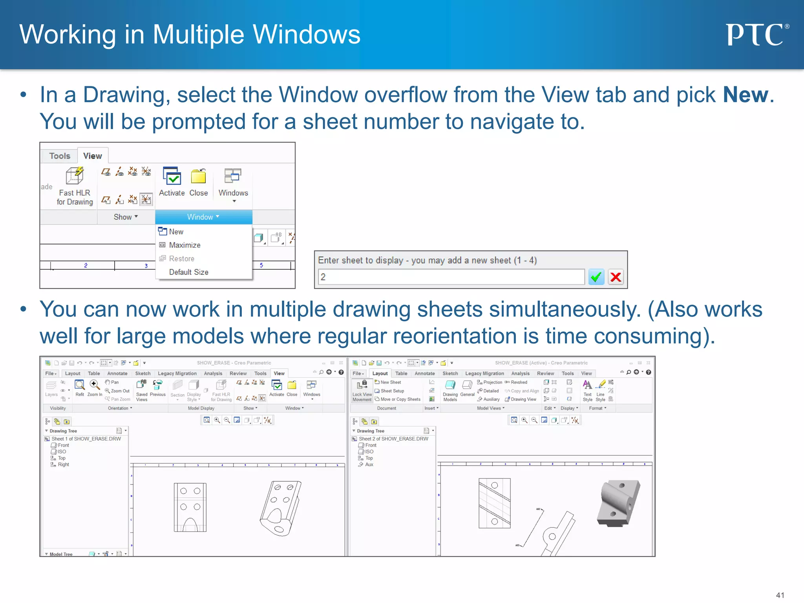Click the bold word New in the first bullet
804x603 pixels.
[x=746, y=95]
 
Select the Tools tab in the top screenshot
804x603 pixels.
[x=60, y=156]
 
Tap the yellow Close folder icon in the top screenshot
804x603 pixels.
[x=198, y=177]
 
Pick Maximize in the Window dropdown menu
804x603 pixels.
[x=185, y=245]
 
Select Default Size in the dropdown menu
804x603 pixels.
[x=188, y=272]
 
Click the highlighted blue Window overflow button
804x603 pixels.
[x=203, y=217]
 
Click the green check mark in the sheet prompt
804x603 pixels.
[x=596, y=277]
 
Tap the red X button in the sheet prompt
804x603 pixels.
[x=616, y=277]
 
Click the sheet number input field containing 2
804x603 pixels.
[x=451, y=277]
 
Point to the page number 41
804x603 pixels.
[x=780, y=595]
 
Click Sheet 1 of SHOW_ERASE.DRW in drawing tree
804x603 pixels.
[x=86, y=439]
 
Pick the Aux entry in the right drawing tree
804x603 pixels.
[x=369, y=464]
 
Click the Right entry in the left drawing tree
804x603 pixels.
[x=63, y=464]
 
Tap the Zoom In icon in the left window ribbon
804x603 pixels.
[x=94, y=384]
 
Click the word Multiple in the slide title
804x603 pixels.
[x=198, y=35]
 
